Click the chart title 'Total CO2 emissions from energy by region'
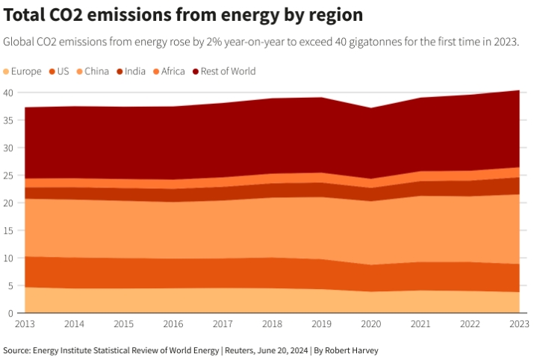pyautogui.click(x=184, y=15)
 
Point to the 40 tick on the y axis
pyautogui.click(x=8, y=93)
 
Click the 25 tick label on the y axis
pyautogui.click(x=8, y=176)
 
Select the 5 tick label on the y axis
pyautogui.click(x=10, y=285)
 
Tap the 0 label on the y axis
pyautogui.click(x=10, y=313)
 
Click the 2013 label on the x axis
pyautogui.click(x=25, y=324)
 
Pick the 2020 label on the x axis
pyautogui.click(x=370, y=324)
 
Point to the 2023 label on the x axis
pyautogui.click(x=518, y=324)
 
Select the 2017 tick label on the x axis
pyautogui.click(x=223, y=324)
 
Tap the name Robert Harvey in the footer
pyautogui.click(x=356, y=350)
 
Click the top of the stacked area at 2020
pyautogui.click(x=370, y=108)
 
